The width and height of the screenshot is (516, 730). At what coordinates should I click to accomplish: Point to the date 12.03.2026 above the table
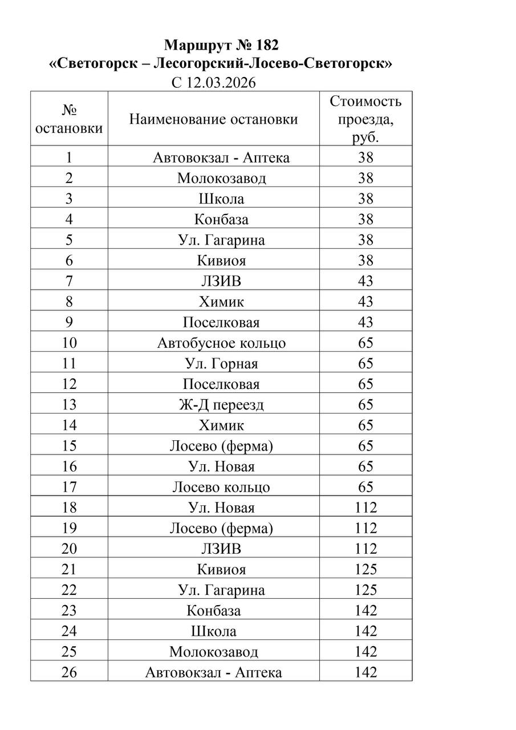coord(221,83)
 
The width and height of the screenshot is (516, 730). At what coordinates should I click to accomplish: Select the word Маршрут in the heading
coord(192,45)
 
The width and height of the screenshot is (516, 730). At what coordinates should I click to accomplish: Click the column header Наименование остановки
coord(213,119)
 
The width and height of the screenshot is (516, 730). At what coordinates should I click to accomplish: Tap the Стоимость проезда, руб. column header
coord(365,119)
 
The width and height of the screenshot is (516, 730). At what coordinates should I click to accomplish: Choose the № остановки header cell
coord(69,119)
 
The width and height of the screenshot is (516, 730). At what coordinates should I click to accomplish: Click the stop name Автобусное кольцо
coord(221,343)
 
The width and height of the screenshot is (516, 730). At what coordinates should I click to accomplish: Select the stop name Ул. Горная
coord(221,364)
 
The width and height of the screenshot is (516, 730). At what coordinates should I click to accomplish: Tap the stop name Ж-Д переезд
coord(221,405)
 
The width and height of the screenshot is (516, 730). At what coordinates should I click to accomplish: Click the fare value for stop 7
coord(365,281)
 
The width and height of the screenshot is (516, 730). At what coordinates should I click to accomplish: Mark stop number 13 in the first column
coord(69,405)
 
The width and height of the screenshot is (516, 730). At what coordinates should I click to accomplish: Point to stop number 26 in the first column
coord(69,672)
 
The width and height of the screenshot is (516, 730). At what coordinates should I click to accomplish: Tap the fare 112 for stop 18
coord(365,508)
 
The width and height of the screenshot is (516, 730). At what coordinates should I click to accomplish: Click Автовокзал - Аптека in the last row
coord(213,672)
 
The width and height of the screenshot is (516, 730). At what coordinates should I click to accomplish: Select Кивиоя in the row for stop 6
coord(221,261)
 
